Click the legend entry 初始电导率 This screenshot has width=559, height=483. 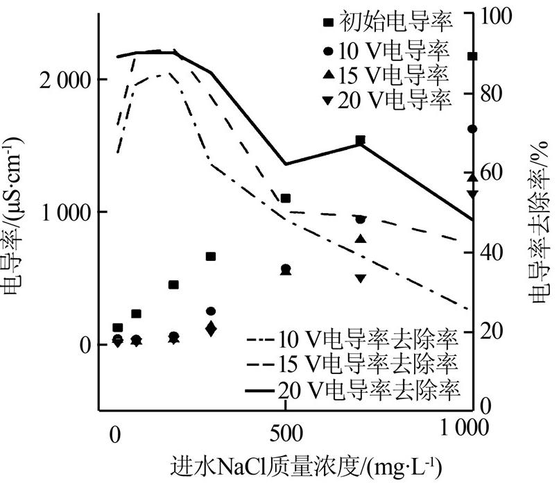tap(388, 23)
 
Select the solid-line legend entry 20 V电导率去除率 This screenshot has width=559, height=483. tap(354, 387)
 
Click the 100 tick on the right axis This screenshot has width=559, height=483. tap(494, 15)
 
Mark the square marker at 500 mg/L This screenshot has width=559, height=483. tap(285, 198)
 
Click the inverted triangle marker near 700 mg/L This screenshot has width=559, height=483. tap(360, 278)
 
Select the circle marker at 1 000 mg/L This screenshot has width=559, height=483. tap(472, 129)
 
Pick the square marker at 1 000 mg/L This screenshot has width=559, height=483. tap(472, 56)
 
